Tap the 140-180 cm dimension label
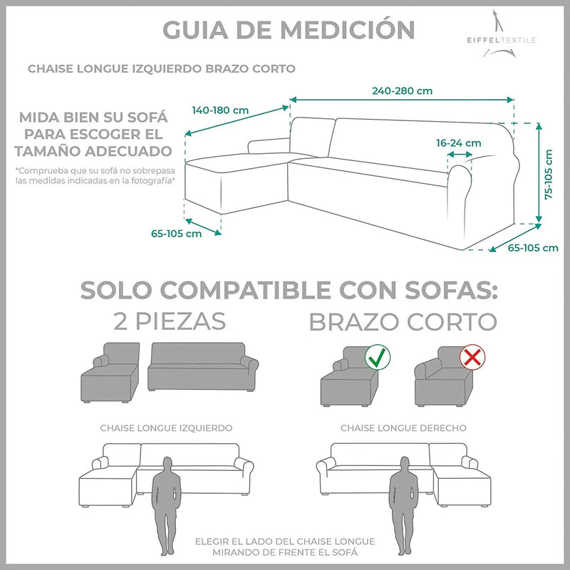point(220,110)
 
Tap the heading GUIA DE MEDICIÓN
point(289,30)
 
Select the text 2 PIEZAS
point(170,321)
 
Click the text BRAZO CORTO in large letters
point(403,321)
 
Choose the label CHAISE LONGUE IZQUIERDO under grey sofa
point(166,428)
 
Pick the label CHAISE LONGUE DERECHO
point(403,428)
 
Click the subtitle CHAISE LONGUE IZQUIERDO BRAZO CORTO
point(161,69)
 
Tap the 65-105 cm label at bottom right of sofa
point(533,249)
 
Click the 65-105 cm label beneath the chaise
point(175,234)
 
